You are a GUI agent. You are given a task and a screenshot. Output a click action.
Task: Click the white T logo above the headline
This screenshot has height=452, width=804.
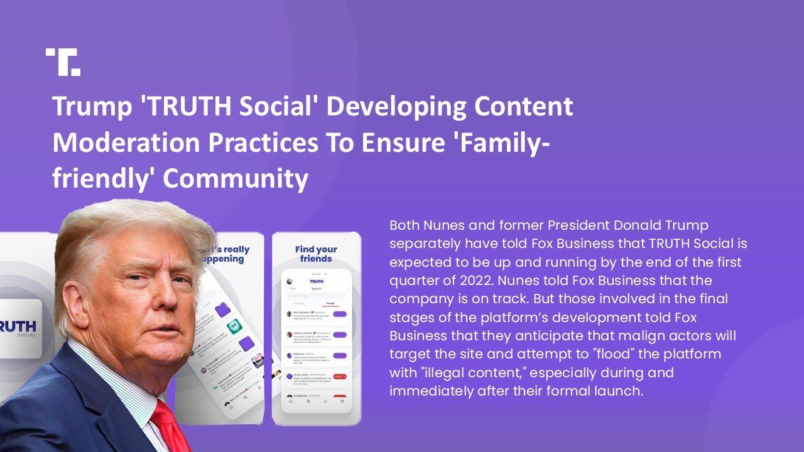click(x=63, y=62)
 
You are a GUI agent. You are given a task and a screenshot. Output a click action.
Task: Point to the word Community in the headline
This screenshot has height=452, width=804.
click(x=236, y=180)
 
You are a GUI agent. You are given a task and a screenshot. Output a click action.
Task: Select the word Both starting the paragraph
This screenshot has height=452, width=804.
click(x=404, y=225)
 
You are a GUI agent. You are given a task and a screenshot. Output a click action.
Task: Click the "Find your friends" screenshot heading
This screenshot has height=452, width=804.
click(x=316, y=254)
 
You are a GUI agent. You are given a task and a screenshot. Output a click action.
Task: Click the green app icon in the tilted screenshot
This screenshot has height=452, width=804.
click(x=235, y=327)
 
